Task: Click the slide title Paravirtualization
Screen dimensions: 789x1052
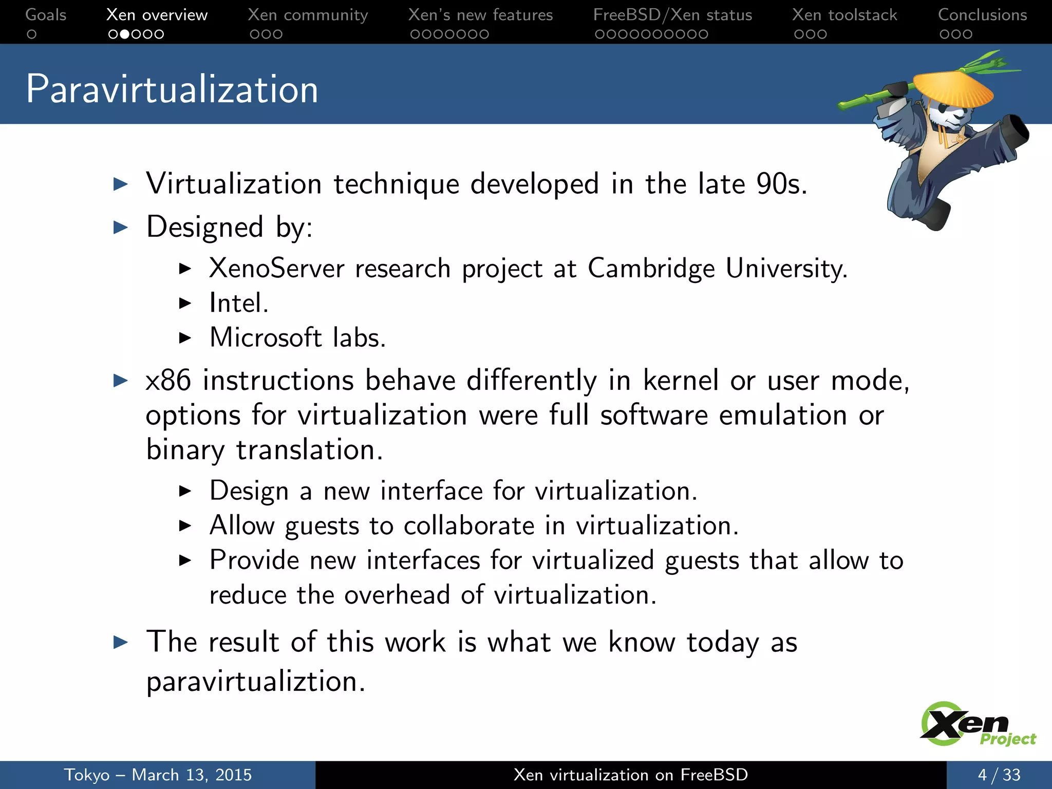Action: tap(172, 89)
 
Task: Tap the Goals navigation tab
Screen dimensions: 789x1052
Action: tap(46, 15)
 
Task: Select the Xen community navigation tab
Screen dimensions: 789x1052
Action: tap(308, 15)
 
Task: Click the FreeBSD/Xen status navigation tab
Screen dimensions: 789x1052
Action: tap(672, 15)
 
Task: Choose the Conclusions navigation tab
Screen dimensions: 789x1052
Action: tap(982, 15)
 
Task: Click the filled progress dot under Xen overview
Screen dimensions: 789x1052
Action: tap(124, 34)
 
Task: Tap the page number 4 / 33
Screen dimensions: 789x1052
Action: tap(999, 775)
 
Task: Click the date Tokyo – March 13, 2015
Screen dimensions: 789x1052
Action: tap(158, 775)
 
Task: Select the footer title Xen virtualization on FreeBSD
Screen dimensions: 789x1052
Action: tap(630, 775)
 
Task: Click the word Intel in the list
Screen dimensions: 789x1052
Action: tap(237, 303)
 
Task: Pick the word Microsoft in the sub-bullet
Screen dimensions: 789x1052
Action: tap(265, 338)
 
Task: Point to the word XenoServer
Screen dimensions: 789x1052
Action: tap(276, 269)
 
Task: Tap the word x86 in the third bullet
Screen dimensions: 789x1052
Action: tap(168, 381)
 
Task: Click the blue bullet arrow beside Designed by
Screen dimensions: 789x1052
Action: tap(121, 227)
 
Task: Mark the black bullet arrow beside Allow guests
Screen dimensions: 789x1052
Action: tap(185, 525)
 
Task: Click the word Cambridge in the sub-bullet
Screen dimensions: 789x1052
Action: tap(651, 269)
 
